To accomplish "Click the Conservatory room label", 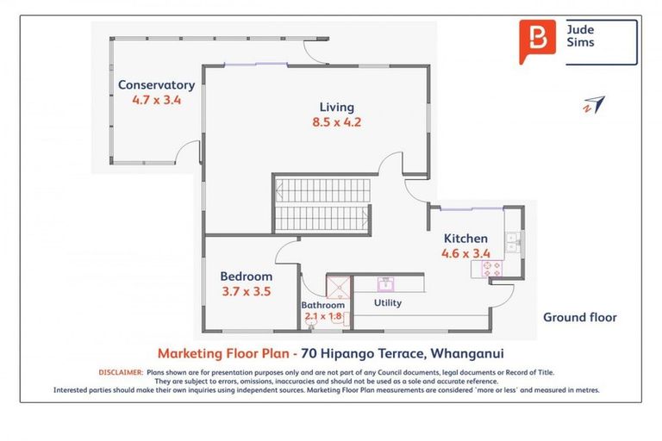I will coord(156,84).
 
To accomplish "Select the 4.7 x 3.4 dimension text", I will coord(156,99).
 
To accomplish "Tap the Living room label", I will coord(336,107).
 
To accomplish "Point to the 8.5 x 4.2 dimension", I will coord(336,122).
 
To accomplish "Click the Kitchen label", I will coord(465,239).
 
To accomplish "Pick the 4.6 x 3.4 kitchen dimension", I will coord(465,253).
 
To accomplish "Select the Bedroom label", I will coord(246,276).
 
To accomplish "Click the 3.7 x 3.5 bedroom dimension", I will coord(246,291).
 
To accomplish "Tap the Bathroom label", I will coord(322,305).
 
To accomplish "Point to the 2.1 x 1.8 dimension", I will coord(322,316).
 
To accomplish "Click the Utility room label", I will coord(387,303).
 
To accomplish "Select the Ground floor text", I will coord(579,317).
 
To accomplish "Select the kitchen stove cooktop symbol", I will coord(487,269).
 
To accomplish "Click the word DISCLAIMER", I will coord(120,372).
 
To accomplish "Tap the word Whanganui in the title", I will coord(467,353).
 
